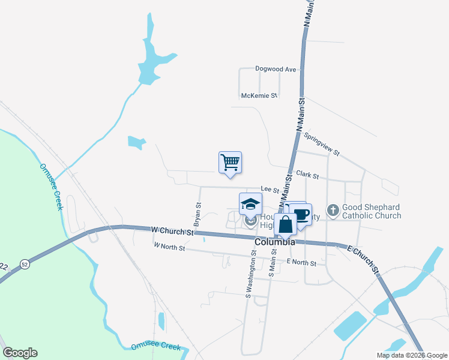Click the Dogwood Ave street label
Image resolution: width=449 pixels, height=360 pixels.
(276, 69)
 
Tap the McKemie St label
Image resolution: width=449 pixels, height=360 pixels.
(259, 95)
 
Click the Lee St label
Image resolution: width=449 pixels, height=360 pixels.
(270, 190)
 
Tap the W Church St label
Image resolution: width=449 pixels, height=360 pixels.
(173, 230)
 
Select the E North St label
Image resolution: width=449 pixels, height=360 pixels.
(301, 262)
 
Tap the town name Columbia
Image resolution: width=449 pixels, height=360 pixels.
(274, 242)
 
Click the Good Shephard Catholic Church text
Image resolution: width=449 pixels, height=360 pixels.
(371, 211)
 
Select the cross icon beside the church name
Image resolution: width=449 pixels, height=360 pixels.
(333, 210)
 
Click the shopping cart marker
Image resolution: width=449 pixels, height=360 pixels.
(230, 162)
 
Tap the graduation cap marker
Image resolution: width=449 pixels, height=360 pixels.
(250, 204)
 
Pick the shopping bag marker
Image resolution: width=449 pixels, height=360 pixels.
(286, 224)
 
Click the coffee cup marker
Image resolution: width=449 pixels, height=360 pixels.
(301, 214)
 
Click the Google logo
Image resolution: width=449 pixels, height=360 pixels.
(20, 353)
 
